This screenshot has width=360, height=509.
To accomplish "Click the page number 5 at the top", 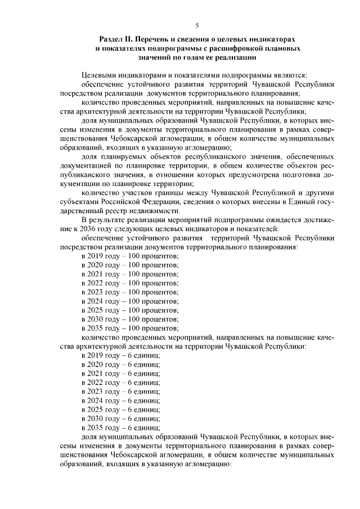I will [x=197, y=25].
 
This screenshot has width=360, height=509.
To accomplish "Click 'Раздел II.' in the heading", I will [x=116, y=39].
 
